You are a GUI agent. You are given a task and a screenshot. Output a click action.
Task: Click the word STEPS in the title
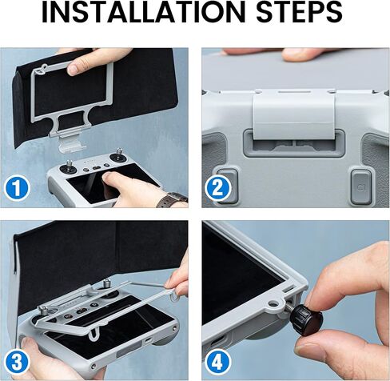coord(299,12)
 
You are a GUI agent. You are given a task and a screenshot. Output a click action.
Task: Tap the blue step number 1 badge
coord(17,188)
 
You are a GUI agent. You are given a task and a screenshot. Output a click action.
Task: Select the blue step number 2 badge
coord(217,188)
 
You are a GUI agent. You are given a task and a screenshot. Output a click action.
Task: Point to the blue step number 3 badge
coord(17,363)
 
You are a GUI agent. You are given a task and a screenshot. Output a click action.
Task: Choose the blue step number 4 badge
coord(217,363)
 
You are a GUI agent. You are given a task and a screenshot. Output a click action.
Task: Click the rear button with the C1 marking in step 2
coord(362,187)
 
